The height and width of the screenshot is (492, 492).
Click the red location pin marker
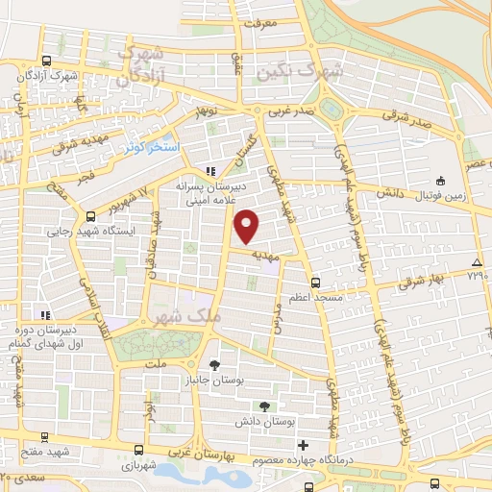click(x=247, y=226)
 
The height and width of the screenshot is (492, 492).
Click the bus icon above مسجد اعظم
click(x=317, y=284)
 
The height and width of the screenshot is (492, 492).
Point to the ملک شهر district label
click(x=185, y=315)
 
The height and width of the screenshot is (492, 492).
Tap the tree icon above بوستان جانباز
click(x=213, y=365)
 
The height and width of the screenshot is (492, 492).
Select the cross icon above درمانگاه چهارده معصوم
click(x=304, y=445)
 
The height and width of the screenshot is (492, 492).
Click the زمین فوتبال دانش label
click(x=439, y=195)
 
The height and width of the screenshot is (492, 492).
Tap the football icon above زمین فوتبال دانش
click(x=439, y=181)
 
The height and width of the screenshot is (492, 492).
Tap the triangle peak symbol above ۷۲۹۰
click(x=478, y=262)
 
